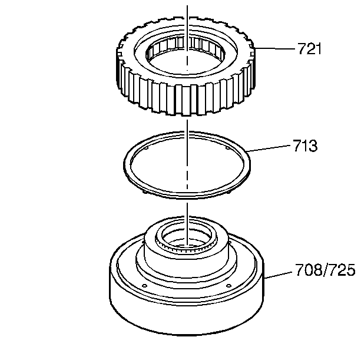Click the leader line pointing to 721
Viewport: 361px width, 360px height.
point(277,48)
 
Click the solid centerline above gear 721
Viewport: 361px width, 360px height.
point(187,12)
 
